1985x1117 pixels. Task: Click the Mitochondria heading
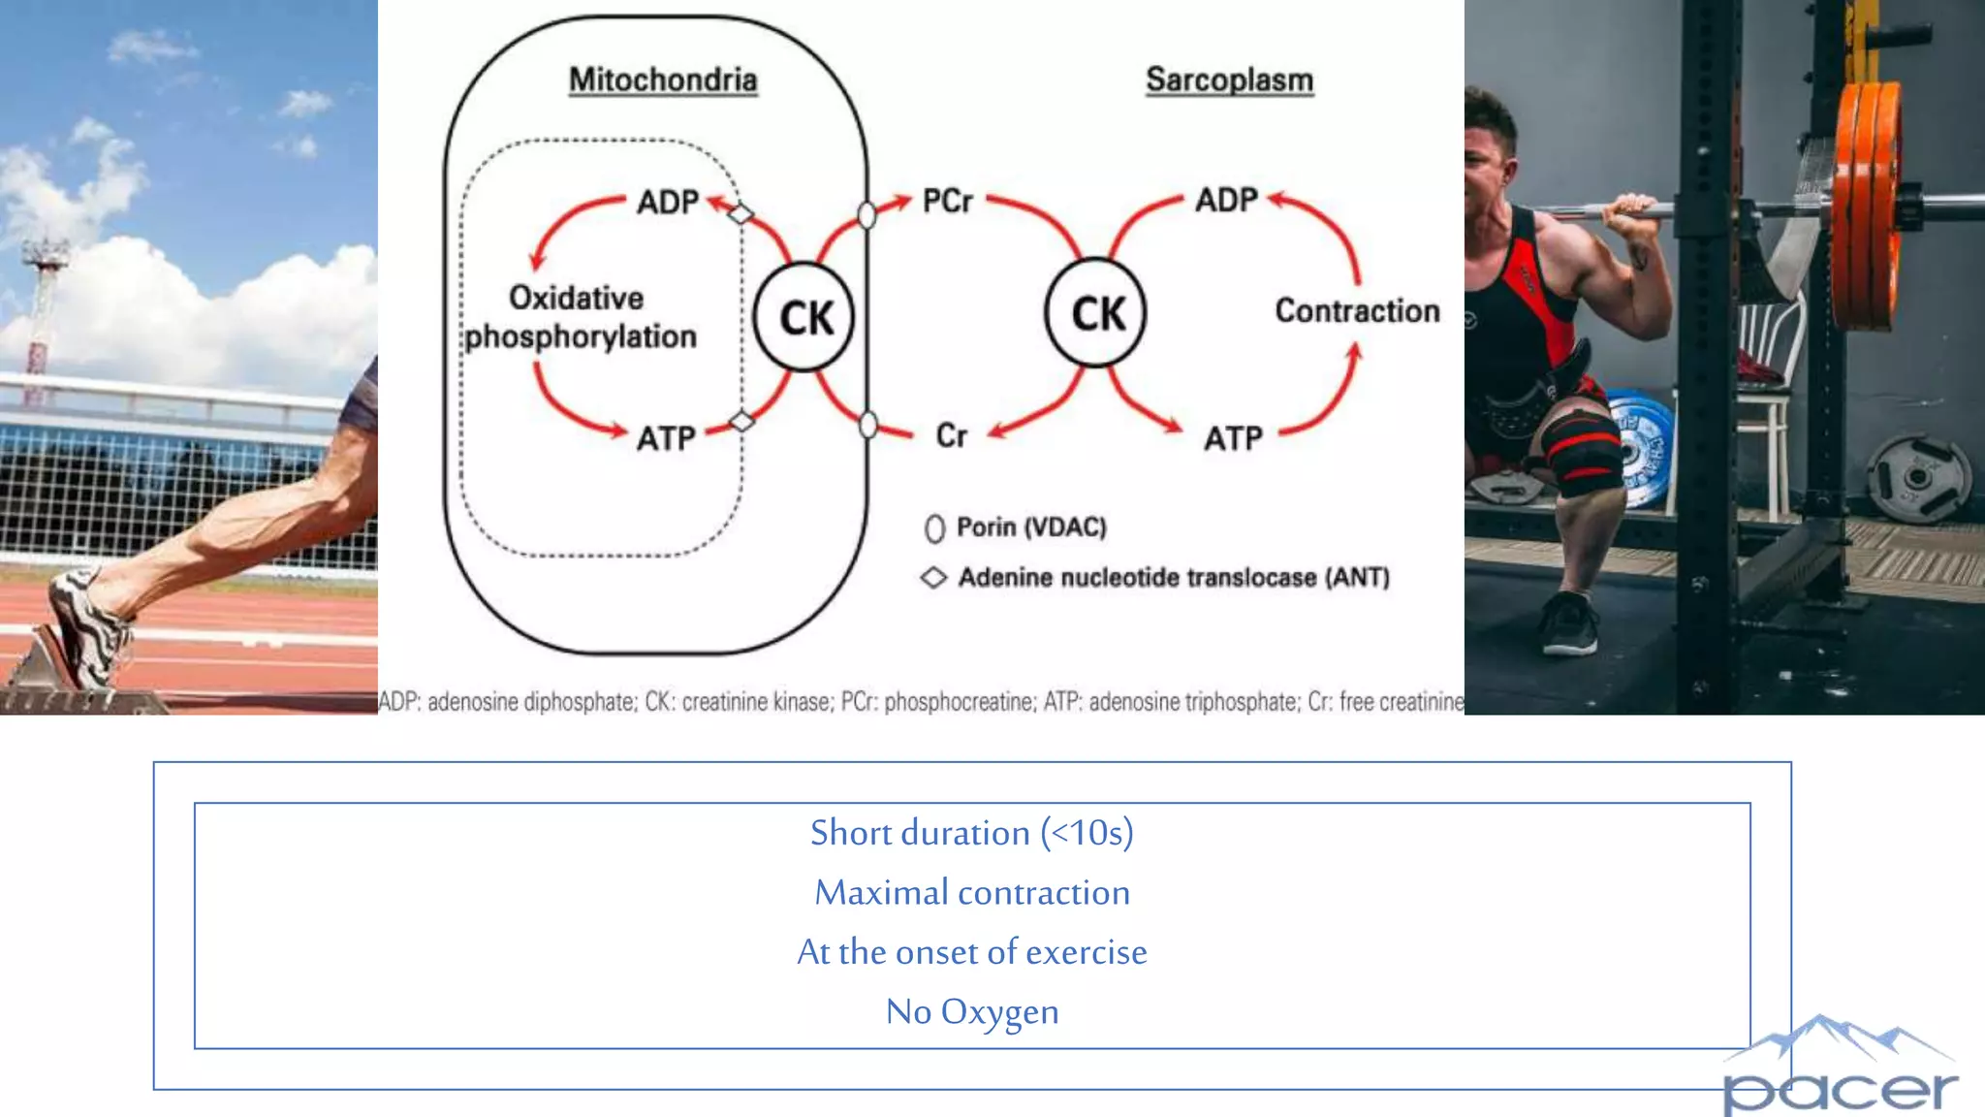pos(663,80)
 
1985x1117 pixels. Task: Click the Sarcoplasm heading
pos(1229,80)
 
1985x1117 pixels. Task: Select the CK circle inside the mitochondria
pos(804,317)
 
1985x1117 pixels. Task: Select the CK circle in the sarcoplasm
pos(1096,313)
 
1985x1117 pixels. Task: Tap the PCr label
pos(947,201)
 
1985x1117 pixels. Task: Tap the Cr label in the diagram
pos(951,435)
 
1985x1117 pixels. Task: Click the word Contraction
pos(1357,311)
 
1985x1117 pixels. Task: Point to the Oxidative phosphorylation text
pos(580,317)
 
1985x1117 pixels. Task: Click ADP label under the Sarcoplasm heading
pos(1226,200)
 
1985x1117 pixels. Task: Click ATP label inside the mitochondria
pos(666,438)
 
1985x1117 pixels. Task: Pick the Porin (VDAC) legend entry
pos(1018,527)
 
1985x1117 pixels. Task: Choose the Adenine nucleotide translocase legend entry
pos(1158,578)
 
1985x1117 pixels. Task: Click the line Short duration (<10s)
pos(971,833)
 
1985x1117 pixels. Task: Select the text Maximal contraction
pos(971,892)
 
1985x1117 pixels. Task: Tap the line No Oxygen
pos(971,1011)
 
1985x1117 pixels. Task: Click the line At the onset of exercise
pos(971,952)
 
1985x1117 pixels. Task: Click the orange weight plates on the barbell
pos(1867,204)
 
